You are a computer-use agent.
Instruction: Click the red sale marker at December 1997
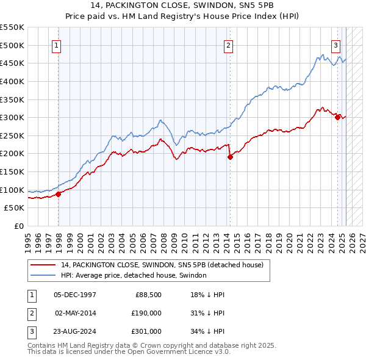click(59, 194)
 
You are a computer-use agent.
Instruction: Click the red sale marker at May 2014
click(230, 157)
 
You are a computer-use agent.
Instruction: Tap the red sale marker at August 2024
click(337, 117)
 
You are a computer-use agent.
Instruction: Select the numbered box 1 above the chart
click(56, 45)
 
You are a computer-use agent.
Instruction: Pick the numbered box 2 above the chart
click(228, 45)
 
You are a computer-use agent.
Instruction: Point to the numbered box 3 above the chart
click(335, 45)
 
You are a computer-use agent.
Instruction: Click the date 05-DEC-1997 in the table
click(75, 295)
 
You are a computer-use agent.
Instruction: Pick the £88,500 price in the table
click(148, 295)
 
